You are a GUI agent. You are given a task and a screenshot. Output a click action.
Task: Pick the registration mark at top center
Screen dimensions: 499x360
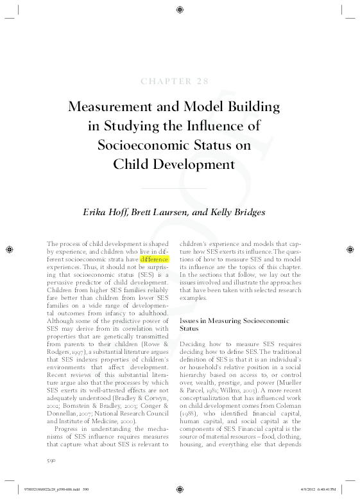point(180,10)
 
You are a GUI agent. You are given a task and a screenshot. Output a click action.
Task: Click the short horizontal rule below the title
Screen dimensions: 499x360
point(180,188)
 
